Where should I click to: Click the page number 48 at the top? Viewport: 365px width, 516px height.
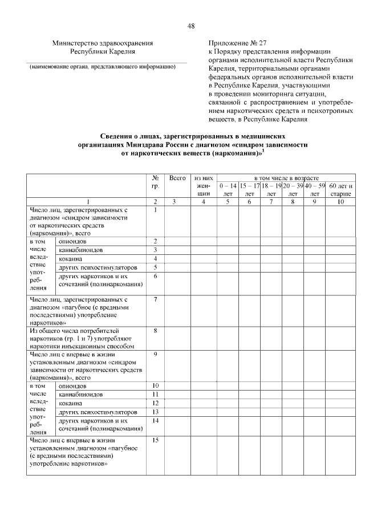tap(191, 26)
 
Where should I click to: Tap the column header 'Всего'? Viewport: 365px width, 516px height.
tap(178, 178)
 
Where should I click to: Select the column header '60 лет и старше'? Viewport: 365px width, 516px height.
tap(341, 190)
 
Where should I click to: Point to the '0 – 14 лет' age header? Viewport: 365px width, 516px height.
tap(227, 190)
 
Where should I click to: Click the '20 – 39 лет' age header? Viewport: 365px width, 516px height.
tap(293, 190)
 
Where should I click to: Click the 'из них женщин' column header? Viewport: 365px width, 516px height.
tap(204, 186)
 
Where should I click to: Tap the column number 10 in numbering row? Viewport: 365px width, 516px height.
tap(341, 201)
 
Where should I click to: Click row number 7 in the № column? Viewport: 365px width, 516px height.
tap(155, 299)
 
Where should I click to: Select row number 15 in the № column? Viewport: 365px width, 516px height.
tap(155, 440)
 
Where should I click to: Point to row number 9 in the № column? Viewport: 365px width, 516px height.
tap(155, 354)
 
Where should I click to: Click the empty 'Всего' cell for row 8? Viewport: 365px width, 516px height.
tap(178, 338)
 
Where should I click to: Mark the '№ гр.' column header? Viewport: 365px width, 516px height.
tap(155, 182)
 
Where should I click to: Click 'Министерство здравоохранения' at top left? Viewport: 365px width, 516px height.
tap(103, 42)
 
